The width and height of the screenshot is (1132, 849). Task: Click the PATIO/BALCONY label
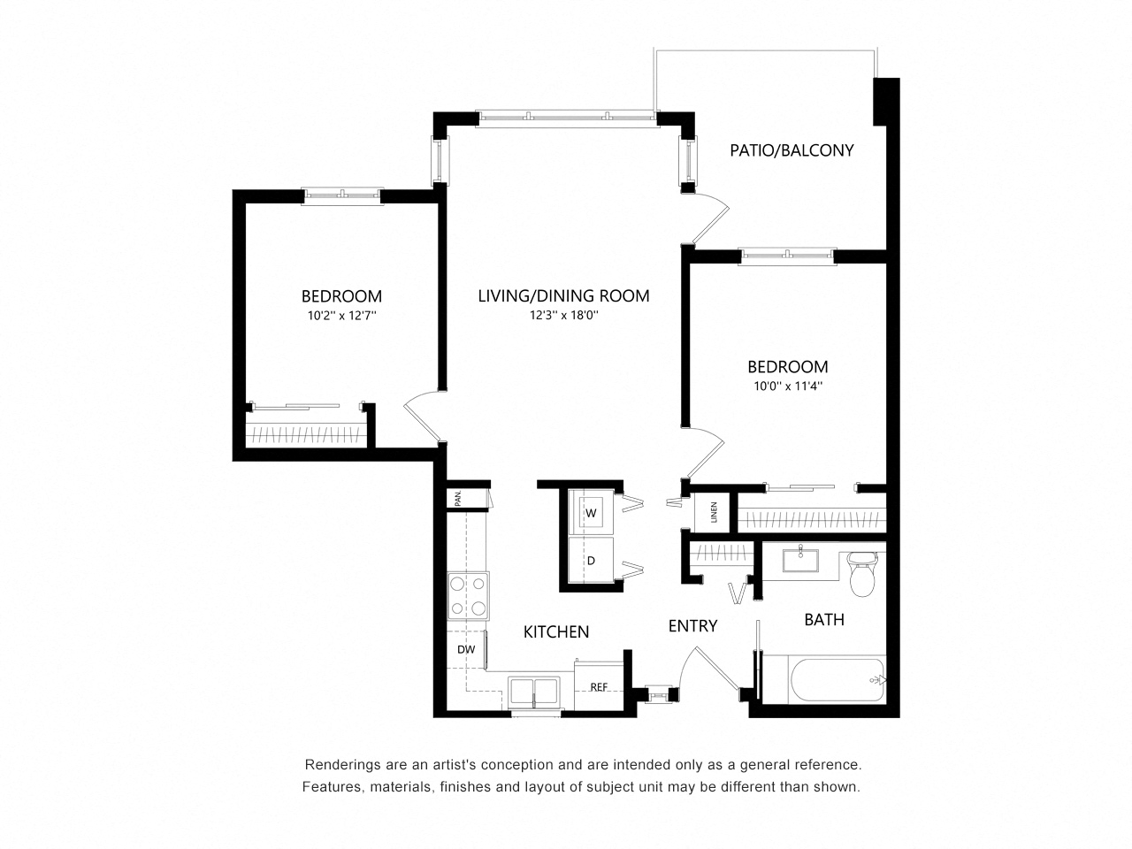coord(792,150)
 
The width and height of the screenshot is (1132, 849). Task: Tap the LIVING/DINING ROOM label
coord(563,296)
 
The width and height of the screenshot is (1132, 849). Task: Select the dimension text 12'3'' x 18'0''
coord(563,315)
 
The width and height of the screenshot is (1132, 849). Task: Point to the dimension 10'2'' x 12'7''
coord(341,315)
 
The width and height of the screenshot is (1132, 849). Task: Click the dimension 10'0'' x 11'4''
coord(787,386)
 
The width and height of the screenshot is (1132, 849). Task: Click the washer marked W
coord(591,513)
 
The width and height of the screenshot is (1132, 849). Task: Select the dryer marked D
coord(591,561)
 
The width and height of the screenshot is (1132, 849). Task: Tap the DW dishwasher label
coord(466,650)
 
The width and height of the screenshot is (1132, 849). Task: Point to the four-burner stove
coord(467,595)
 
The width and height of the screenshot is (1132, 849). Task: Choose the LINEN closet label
coord(713,513)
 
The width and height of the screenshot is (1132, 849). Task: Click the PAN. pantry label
coord(458,498)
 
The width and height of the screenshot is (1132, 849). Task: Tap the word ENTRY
coord(692,626)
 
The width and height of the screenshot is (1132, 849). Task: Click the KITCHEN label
coord(556,632)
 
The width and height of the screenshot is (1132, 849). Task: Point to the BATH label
coord(823,620)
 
